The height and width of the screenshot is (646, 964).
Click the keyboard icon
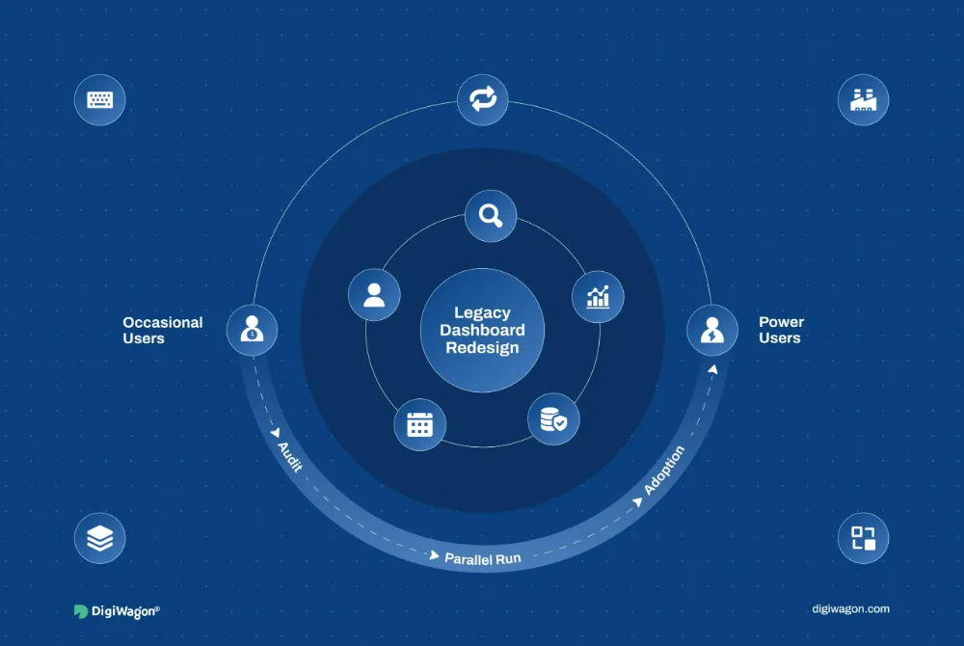tap(99, 99)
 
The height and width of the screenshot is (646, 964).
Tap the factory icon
tap(863, 99)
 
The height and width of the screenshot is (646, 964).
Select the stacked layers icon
tap(99, 538)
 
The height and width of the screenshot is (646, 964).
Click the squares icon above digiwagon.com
tap(863, 538)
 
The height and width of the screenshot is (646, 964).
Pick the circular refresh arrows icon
tap(483, 99)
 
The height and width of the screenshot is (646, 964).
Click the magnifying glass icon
tap(491, 216)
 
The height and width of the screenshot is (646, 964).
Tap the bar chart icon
tap(598, 297)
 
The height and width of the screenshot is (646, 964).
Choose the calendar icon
tap(420, 425)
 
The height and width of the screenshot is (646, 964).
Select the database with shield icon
tap(553, 419)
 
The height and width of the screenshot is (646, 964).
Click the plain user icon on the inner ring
tap(374, 295)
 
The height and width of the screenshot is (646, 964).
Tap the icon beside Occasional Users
tap(252, 329)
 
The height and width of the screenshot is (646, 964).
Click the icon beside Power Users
tap(712, 330)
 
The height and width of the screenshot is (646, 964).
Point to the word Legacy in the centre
tap(482, 312)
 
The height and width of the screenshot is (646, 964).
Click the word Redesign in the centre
tap(482, 348)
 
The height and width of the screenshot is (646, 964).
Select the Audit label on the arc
tap(289, 457)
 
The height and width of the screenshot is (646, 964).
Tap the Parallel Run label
tap(483, 558)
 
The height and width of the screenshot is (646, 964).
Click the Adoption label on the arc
tap(664, 471)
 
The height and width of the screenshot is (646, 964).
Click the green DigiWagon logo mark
tap(81, 611)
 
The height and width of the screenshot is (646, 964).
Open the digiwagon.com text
tap(850, 609)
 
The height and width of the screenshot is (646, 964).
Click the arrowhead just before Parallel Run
tap(434, 555)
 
